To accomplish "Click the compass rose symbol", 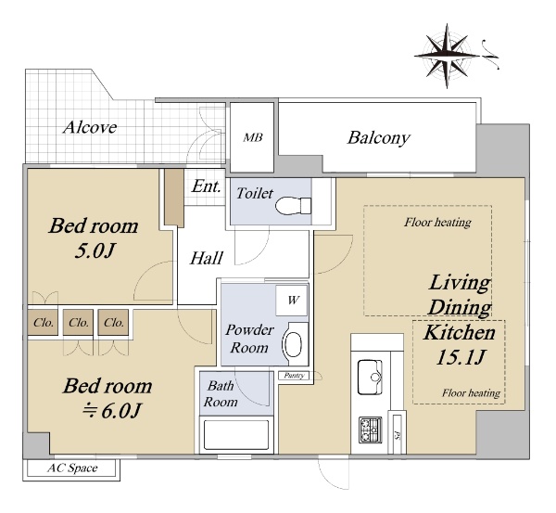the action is click(448, 56).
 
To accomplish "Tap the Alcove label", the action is click(90, 127).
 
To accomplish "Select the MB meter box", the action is click(252, 137).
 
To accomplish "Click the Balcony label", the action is click(379, 137).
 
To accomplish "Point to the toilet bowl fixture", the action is click(293, 206).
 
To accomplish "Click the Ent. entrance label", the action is click(206, 186).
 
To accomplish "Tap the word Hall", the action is click(207, 258).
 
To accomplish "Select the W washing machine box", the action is click(292, 301).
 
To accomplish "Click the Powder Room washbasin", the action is click(293, 344).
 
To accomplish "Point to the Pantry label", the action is click(295, 376).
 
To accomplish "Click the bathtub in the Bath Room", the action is click(236, 435).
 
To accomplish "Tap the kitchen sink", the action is click(370, 377).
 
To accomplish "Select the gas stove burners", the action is click(370, 430).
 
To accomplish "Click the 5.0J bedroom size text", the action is click(95, 251).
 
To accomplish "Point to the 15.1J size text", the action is click(461, 357).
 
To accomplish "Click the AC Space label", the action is click(72, 468).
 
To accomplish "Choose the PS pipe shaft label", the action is click(398, 433).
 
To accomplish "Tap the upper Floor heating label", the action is click(437, 223).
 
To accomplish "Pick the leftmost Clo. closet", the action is click(43, 322).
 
